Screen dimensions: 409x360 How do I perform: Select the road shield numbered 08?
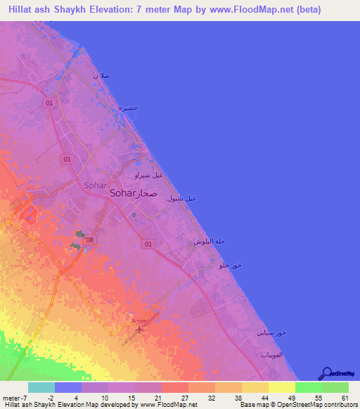pyautogui.click(x=89, y=240)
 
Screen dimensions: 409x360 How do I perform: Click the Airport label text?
pyautogui.click(x=139, y=320)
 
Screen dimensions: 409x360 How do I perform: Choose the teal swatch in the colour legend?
pyautogui.click(x=41, y=387)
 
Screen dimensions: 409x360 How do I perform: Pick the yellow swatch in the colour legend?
pyautogui.click(x=282, y=387)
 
